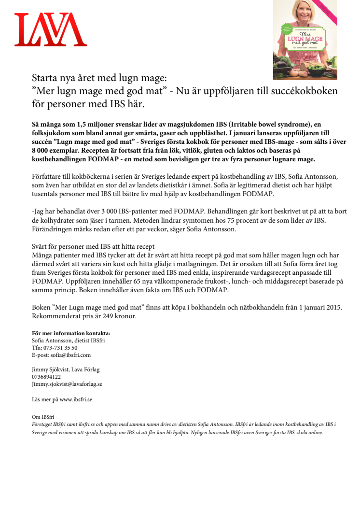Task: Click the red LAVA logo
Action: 51,29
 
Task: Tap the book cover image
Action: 305,40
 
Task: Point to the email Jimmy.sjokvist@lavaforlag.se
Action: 67,384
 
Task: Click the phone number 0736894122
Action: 46,377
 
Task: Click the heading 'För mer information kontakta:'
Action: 71,333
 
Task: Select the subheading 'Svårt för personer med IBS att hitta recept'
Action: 93,247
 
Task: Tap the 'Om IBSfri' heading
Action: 43,417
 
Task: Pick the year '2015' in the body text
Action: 333,307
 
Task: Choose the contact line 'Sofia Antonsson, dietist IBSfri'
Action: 68,340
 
